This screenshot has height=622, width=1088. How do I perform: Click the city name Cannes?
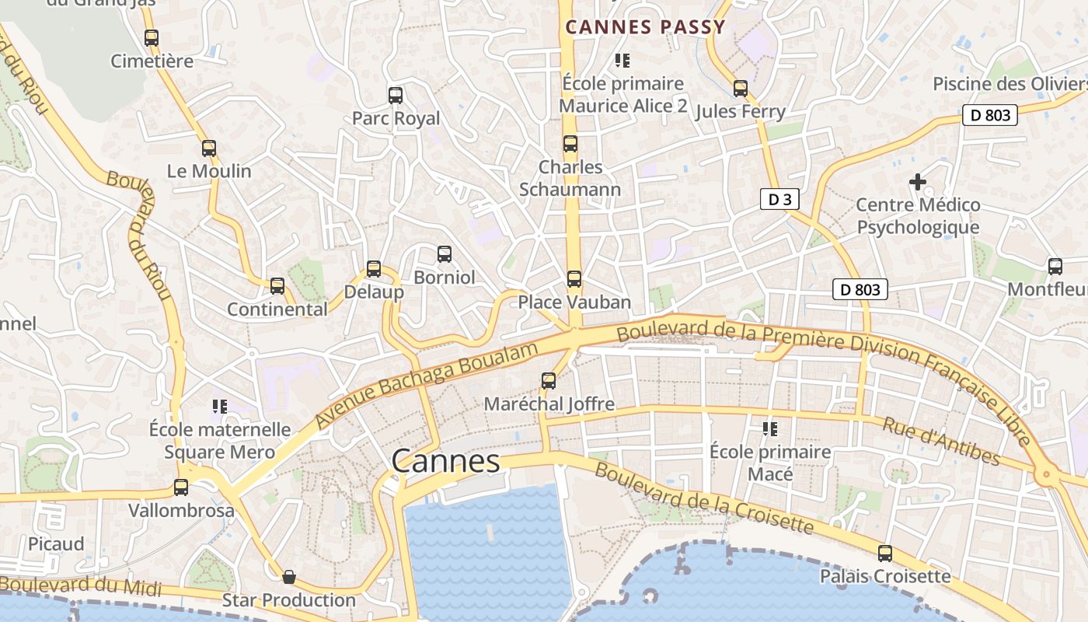445,461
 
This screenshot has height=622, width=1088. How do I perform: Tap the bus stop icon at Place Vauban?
574,278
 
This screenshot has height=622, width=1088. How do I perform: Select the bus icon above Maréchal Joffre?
549,380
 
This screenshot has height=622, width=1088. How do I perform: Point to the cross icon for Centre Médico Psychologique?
918,182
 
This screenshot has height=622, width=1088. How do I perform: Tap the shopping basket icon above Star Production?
289,577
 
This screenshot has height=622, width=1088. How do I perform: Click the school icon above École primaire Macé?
770,428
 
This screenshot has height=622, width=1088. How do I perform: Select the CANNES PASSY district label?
645,27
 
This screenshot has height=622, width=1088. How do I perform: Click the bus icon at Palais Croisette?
885,554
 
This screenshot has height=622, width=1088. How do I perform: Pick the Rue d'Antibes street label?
941,441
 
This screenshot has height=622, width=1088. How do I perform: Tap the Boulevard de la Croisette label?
704,500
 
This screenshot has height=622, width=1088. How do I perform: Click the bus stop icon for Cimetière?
152,37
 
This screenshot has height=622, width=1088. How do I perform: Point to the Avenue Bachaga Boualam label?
427,386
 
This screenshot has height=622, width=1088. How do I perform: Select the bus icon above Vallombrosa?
181,487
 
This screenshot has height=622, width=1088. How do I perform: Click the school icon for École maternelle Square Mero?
219,406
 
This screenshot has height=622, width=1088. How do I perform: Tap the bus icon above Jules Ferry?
741,89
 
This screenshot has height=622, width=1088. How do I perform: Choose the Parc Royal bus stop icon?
396,96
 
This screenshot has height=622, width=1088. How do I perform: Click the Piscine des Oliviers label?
1009,83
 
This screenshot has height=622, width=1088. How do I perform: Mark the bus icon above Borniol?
445,254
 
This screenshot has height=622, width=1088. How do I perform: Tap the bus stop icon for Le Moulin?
209,149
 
